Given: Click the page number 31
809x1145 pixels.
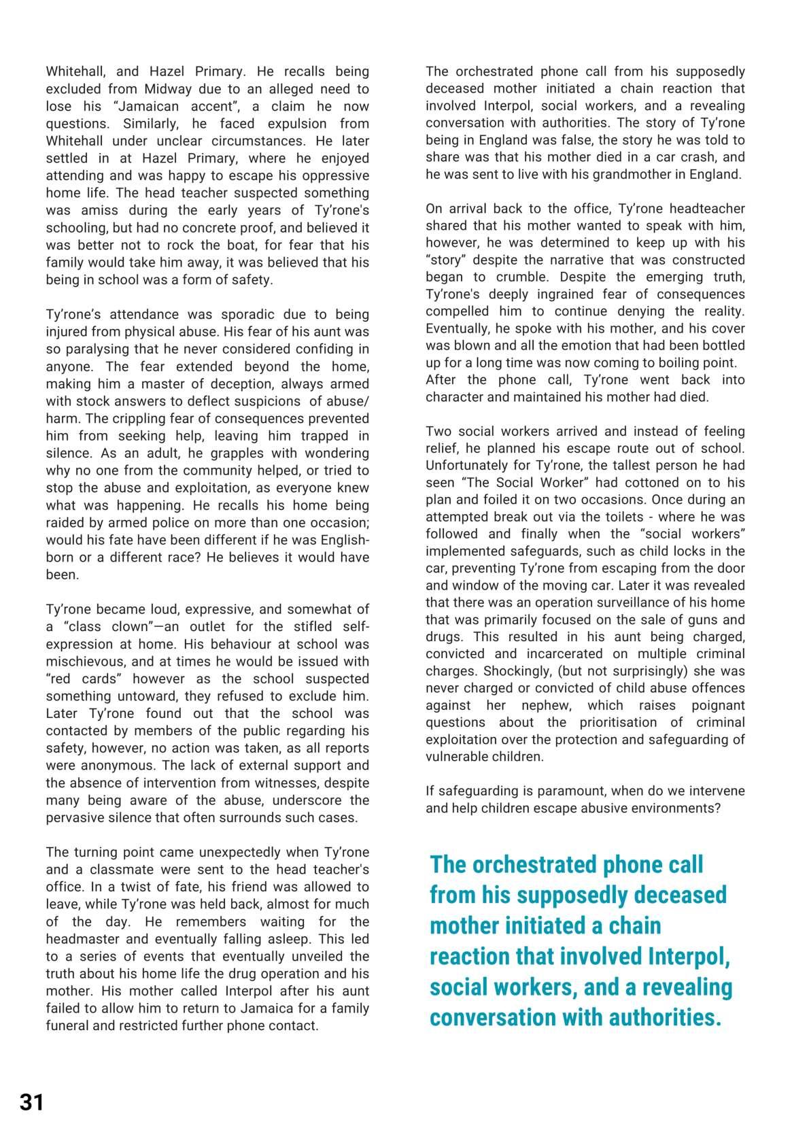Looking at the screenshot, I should pyautogui.click(x=31, y=1101).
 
